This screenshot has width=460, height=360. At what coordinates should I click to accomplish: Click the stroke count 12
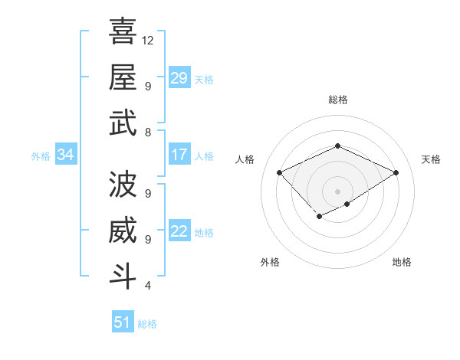149,40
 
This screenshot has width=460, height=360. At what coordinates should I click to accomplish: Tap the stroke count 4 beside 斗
147,286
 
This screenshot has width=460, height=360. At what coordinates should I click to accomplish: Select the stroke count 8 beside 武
147,132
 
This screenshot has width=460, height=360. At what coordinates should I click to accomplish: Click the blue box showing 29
179,78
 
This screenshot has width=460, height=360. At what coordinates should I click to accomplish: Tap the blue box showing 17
179,155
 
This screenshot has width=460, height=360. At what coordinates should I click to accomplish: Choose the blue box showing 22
179,231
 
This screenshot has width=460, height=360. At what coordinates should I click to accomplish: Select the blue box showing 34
65,155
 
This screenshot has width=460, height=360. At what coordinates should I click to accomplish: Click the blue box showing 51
123,322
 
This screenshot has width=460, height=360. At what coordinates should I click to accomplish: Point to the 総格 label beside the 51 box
147,324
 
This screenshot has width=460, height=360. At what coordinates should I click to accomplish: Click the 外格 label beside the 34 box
41,156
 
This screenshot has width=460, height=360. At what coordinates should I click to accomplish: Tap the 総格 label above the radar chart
337,100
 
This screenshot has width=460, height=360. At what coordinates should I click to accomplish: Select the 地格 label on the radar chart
402,262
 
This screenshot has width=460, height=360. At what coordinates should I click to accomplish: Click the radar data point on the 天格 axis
396,172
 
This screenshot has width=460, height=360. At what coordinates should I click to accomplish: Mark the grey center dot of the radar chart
337,191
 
